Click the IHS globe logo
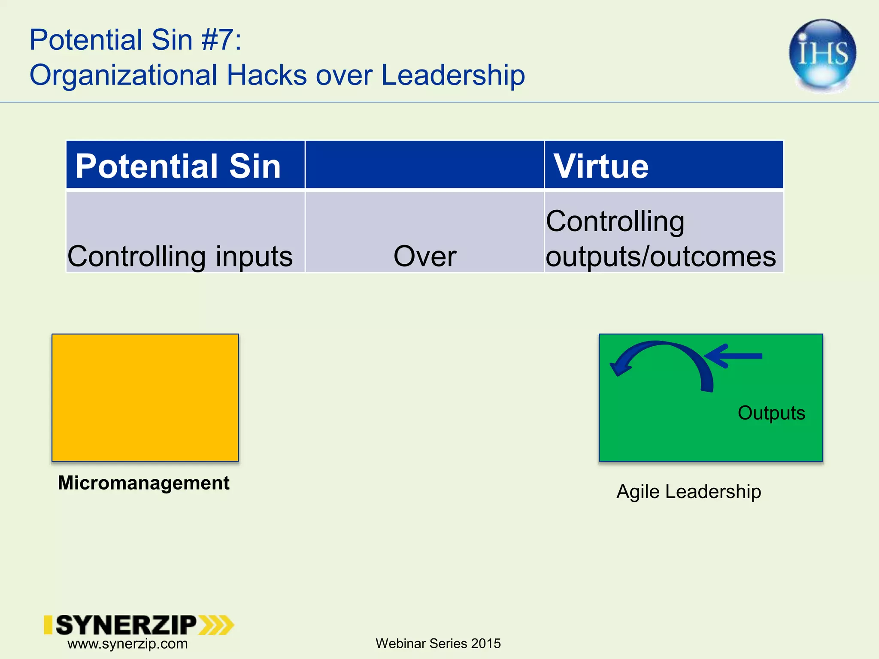822,55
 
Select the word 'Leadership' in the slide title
453,75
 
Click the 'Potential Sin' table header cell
185,165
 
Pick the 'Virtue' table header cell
664,165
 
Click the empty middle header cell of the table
424,165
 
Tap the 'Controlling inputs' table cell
180,256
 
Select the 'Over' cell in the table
424,256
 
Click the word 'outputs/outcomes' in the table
661,256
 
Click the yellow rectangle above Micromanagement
145,397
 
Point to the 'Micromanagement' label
144,483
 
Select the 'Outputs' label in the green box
771,413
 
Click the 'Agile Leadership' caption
688,492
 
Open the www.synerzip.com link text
127,644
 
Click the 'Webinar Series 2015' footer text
438,644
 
